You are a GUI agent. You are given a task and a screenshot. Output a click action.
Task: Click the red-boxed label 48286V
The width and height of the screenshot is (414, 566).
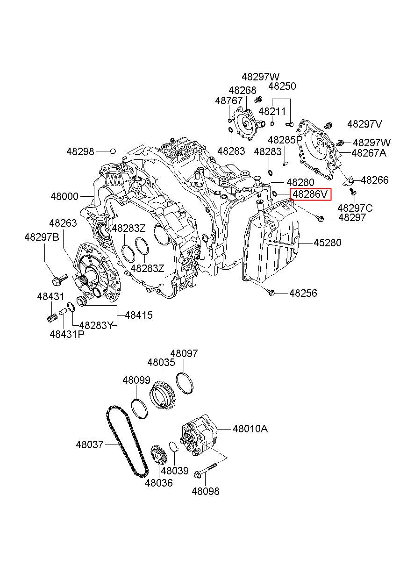point(311,194)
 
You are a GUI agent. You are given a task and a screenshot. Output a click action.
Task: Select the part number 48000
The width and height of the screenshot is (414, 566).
point(65,197)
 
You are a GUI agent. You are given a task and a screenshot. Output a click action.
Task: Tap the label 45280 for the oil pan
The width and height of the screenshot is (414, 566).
point(327,243)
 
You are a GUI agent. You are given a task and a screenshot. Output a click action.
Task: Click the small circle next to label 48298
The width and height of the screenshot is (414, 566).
point(113,151)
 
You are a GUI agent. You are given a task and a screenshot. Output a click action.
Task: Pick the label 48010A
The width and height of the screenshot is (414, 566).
point(250,428)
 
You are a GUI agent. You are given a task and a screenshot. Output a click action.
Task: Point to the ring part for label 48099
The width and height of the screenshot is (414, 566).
point(139,408)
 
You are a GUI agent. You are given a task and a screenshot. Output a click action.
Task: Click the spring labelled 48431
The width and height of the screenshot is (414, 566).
point(52,318)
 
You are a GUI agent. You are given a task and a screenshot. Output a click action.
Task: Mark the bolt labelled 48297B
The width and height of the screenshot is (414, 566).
point(57,281)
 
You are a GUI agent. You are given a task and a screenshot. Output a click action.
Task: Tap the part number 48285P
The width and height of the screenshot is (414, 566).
point(285,140)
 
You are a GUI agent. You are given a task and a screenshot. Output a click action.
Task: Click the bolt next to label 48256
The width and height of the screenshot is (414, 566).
point(271,293)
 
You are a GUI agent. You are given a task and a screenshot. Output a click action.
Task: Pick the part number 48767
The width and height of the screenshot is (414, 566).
point(228,100)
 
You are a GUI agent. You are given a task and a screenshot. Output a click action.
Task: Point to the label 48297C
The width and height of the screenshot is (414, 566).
point(355,208)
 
